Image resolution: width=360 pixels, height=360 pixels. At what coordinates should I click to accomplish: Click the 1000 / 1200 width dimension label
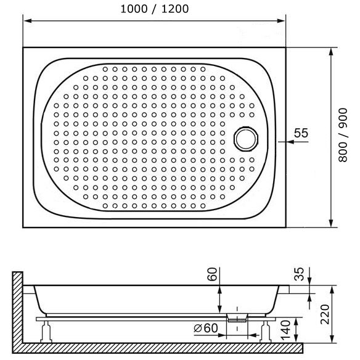click(x=154, y=9)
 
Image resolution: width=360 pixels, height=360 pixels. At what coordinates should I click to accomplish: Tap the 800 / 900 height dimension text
click(x=343, y=135)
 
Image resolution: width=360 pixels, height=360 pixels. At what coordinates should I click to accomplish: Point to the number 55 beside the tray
click(x=301, y=133)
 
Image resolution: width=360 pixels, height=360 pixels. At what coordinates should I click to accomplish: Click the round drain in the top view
click(x=246, y=139)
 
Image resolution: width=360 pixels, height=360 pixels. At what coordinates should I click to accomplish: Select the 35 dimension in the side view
click(x=299, y=274)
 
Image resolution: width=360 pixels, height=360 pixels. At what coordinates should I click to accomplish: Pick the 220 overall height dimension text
click(x=325, y=314)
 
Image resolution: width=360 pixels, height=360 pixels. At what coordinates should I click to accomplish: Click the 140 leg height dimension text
click(x=285, y=330)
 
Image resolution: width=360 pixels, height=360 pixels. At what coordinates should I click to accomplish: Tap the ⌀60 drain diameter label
click(x=205, y=328)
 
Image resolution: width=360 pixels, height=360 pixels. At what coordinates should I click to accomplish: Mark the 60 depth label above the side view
click(x=212, y=274)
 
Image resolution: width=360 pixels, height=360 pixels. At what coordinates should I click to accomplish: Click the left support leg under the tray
click(x=46, y=332)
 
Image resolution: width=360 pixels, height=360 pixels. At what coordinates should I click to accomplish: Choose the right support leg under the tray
click(x=266, y=332)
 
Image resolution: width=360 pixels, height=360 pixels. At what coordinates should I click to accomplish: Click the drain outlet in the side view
click(x=237, y=317)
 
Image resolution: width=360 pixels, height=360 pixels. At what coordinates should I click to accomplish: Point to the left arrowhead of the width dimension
click(x=28, y=21)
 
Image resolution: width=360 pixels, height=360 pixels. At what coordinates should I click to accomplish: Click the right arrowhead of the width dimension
click(x=281, y=21)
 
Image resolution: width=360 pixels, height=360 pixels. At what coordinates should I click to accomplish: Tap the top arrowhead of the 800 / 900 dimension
click(x=331, y=52)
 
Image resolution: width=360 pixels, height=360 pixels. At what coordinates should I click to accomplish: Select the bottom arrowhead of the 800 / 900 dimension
click(x=331, y=223)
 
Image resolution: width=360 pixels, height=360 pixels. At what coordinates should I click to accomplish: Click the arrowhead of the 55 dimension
click(x=290, y=142)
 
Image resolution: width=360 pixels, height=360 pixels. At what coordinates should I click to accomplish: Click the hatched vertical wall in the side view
click(x=17, y=308)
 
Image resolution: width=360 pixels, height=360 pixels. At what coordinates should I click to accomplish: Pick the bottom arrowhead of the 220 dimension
click(x=332, y=339)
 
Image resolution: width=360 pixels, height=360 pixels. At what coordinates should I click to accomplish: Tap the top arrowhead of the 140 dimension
click(x=296, y=322)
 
